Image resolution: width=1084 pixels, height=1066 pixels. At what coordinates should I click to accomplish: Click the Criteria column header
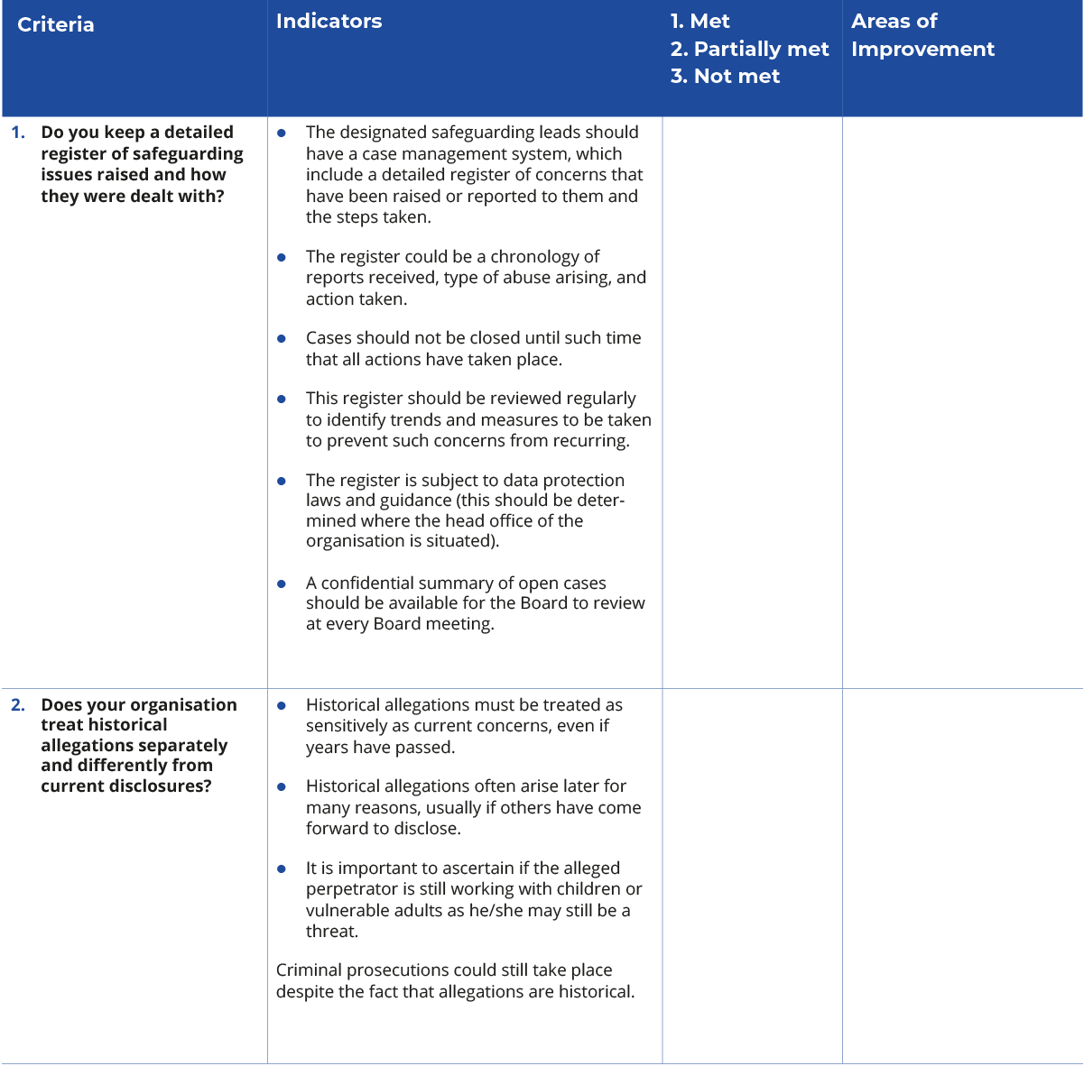(56, 24)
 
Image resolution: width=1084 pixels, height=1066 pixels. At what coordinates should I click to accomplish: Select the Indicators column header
(329, 22)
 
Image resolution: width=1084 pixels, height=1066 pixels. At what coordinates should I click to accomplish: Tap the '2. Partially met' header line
(749, 49)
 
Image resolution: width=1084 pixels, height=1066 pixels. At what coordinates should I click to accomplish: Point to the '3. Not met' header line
(725, 77)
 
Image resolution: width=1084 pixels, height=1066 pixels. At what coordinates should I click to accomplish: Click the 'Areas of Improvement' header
(922, 35)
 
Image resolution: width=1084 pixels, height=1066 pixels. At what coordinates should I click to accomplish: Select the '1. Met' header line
(700, 22)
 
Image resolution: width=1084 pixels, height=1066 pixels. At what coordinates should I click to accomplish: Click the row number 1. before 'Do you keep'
(18, 133)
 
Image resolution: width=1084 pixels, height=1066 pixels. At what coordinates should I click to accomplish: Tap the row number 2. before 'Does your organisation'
(18, 705)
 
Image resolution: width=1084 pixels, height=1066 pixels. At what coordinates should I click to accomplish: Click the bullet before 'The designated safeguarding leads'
(283, 133)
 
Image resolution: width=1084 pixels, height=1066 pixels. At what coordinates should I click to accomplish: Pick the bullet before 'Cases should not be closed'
(283, 338)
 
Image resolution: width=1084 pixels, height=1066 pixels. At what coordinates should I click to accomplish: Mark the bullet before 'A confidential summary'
(283, 584)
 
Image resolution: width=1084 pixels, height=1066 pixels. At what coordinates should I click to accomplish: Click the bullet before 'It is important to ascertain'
(283, 868)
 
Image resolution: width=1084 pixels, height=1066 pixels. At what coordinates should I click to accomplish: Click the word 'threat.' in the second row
(332, 932)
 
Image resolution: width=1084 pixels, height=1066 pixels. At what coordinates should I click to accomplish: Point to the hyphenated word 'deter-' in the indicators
(599, 501)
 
